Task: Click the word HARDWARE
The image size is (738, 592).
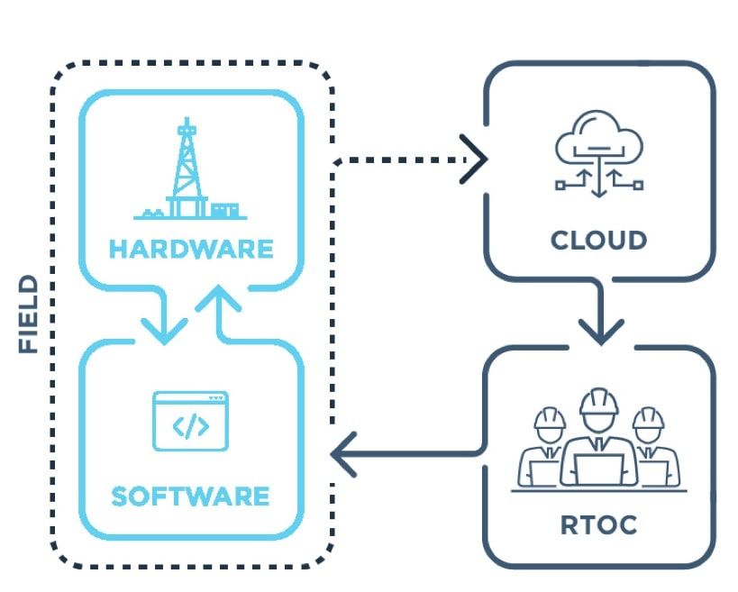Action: [190, 248]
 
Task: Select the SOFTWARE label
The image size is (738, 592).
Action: [190, 496]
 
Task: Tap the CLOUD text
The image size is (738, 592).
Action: [598, 241]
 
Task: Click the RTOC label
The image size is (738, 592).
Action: [598, 524]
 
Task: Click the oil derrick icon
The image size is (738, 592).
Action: [187, 171]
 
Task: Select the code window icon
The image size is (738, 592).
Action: [190, 421]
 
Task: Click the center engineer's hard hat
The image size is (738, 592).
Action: [598, 402]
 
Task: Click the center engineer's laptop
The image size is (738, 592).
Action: [598, 469]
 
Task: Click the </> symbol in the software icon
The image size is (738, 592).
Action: [190, 426]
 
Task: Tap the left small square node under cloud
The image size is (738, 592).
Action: [560, 185]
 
